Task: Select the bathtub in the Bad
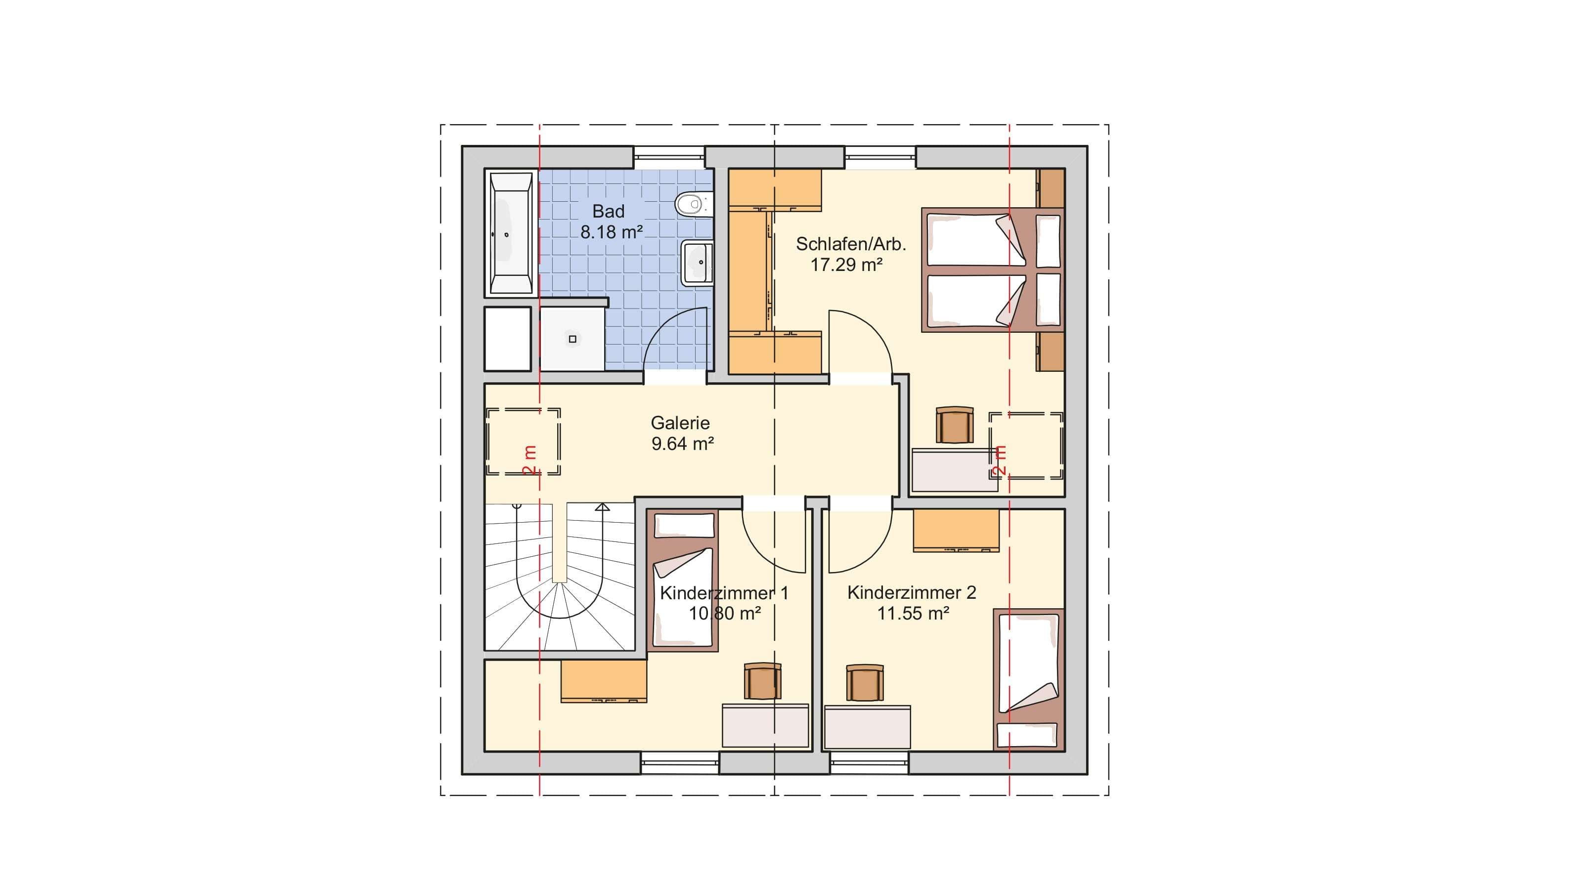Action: click(510, 233)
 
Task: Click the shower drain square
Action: click(573, 339)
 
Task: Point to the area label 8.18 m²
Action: click(612, 232)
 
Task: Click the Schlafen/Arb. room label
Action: click(850, 244)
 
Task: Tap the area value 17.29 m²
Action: click(846, 265)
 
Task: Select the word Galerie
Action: click(680, 423)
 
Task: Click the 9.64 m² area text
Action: click(682, 444)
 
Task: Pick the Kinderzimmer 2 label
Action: click(911, 593)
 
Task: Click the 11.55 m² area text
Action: click(913, 613)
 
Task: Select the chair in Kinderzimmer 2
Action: click(865, 682)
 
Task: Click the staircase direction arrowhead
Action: click(603, 507)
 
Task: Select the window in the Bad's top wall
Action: click(669, 157)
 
